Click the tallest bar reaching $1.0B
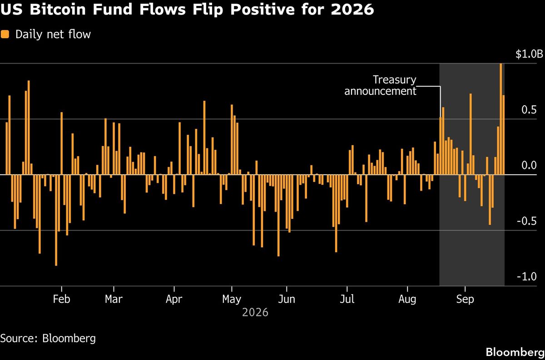tap(500, 119)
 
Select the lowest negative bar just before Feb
tap(56, 220)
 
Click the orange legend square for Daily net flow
tap(5, 34)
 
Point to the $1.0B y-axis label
tap(529, 54)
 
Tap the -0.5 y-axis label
tap(527, 221)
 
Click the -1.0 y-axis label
tap(527, 276)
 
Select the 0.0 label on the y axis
tap(529, 165)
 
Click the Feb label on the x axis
tap(62, 299)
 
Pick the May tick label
tap(231, 300)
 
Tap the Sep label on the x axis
tap(465, 300)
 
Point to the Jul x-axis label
tap(347, 299)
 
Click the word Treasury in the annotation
tap(394, 80)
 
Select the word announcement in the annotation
tap(380, 91)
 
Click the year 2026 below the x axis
tap(255, 312)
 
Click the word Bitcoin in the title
tap(58, 9)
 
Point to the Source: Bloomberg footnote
tap(48, 339)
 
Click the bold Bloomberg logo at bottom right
tap(515, 352)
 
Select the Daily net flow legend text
tap(53, 35)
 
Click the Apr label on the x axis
tap(174, 300)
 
